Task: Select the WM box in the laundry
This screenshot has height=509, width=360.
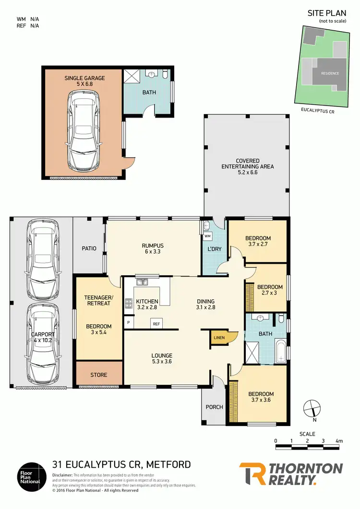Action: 207,237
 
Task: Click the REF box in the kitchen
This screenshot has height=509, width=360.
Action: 156,324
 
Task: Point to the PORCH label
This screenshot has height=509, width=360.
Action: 214,407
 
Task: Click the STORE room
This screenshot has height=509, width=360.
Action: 99,375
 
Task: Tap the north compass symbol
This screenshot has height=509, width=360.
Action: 312,408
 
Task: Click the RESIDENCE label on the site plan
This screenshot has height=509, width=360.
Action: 330,73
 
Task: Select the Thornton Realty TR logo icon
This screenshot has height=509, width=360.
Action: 252,474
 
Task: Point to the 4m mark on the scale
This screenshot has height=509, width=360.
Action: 339,441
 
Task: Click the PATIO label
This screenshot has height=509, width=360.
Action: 89,249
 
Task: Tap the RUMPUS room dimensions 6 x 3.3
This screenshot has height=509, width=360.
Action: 153,251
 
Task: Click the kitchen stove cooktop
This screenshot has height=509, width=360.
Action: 129,303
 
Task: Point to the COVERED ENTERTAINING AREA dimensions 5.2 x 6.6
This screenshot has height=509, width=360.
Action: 247,173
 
